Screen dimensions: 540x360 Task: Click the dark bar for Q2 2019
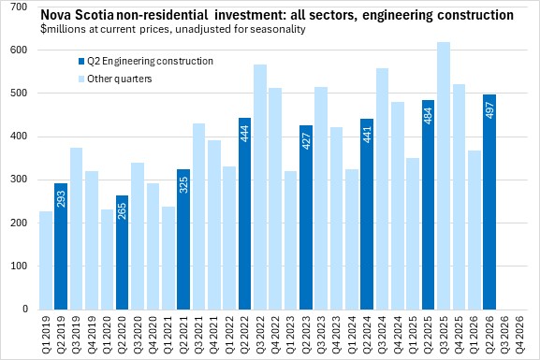coord(61,246)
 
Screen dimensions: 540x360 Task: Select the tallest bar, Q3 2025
coord(444,176)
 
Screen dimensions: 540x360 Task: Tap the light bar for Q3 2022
coord(260,187)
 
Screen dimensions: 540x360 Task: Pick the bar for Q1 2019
coord(46,260)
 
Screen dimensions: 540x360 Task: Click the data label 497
coord(489,110)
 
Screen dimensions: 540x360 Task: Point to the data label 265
coord(122,211)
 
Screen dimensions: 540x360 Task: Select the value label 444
coord(244,134)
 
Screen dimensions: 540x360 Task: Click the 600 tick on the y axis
coord(19,50)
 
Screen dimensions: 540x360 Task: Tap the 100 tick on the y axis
coord(19,266)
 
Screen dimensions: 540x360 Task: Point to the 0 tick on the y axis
coord(25,310)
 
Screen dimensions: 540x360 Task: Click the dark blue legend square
coord(81,62)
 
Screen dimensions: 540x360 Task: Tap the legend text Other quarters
coord(120,79)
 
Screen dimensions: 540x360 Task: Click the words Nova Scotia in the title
coord(77,15)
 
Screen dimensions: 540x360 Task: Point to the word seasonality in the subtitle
coord(278,29)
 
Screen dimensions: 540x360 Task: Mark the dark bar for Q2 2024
coord(367,214)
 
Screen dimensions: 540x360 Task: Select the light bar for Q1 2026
coord(474,230)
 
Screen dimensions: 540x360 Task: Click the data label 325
coord(183,185)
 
